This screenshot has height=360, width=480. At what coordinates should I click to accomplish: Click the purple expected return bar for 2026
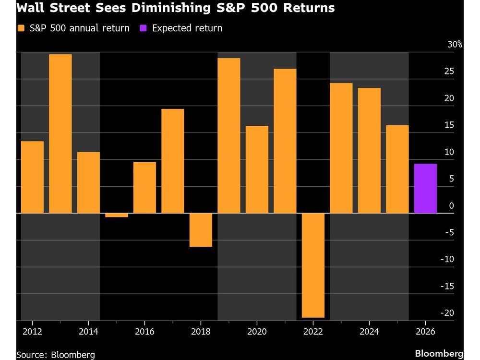tap(425, 189)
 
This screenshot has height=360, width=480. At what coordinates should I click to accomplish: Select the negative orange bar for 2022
tap(313, 265)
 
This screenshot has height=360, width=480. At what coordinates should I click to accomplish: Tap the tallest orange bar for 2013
tap(60, 133)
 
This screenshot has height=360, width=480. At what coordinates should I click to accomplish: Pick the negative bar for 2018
tap(201, 230)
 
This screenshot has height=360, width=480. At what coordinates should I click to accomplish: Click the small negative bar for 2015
tap(117, 215)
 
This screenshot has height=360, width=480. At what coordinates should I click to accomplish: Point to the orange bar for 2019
tap(229, 135)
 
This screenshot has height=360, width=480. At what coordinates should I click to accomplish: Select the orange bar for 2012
tap(32, 177)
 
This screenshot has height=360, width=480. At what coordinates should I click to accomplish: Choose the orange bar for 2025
tap(397, 169)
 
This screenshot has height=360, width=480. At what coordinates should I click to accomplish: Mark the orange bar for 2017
tap(173, 161)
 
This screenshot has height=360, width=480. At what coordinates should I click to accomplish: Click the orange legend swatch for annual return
tap(20, 28)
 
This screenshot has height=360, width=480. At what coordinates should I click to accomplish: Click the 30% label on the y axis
tap(455, 45)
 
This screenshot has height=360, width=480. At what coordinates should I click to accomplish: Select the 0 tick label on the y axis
tap(451, 206)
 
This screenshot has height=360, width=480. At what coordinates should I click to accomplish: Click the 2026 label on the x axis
tap(425, 332)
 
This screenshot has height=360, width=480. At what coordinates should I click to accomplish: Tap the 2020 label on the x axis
tap(257, 332)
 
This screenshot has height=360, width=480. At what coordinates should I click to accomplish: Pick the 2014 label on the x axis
tap(88, 332)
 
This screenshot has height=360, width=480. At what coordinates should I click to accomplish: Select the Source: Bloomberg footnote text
tap(55, 355)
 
